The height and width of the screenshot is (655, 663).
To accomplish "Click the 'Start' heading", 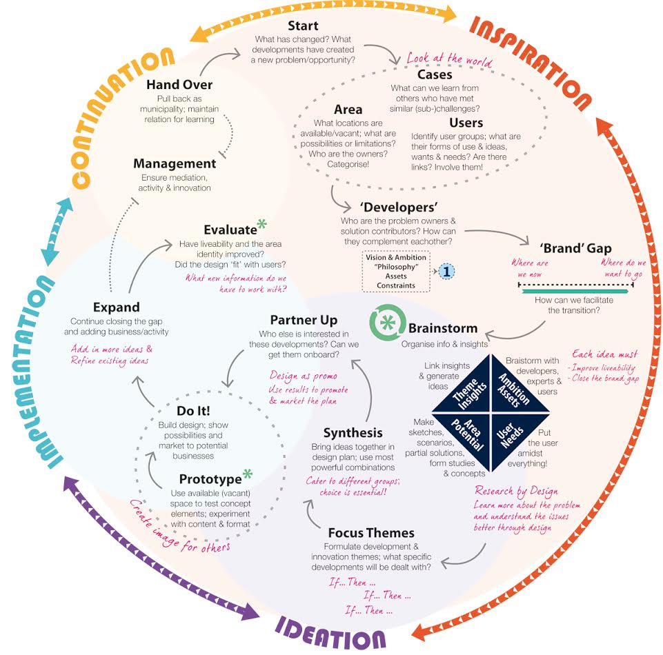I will (x=302, y=26).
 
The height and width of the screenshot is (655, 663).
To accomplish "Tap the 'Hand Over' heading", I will (x=179, y=85).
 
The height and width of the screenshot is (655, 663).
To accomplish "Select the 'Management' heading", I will (x=175, y=164).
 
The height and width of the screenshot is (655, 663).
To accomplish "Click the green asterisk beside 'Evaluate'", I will (x=261, y=225).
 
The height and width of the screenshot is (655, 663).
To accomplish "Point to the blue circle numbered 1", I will (x=446, y=271).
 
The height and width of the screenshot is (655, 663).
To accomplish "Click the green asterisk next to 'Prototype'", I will (x=247, y=475).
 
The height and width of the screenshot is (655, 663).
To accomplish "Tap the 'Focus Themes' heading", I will (x=371, y=533).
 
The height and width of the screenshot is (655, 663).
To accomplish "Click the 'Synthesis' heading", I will (x=353, y=433).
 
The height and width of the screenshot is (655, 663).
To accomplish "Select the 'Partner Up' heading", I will (x=304, y=321).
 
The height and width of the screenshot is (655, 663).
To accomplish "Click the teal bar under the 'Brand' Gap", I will (x=575, y=292).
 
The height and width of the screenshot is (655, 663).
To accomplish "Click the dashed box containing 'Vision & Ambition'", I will (x=395, y=271).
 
